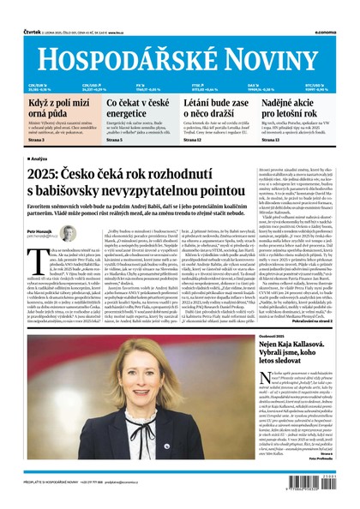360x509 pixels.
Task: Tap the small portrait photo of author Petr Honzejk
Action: (68, 233)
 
